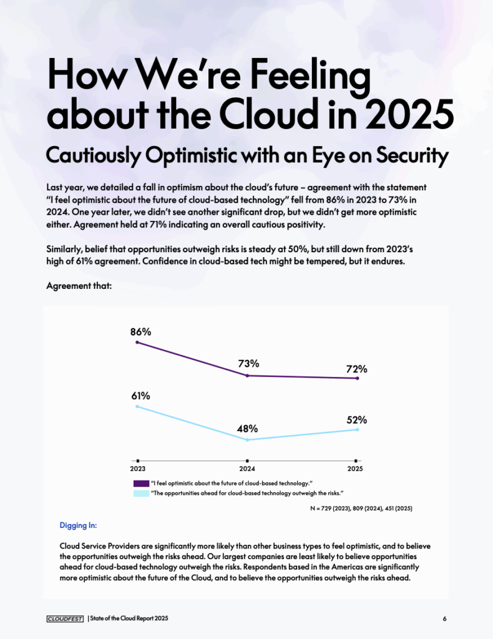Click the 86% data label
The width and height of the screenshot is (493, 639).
click(x=140, y=332)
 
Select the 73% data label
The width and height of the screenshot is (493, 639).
click(x=248, y=364)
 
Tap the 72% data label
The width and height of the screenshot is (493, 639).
click(x=357, y=369)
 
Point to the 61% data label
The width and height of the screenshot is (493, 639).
click(x=140, y=396)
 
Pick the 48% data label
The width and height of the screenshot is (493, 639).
click(x=247, y=429)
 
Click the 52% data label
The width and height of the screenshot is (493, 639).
click(x=357, y=420)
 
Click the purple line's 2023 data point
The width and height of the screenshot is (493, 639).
click(x=137, y=343)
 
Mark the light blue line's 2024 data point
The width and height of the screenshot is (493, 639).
click(x=247, y=440)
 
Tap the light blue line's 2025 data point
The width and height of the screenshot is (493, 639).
click(x=358, y=429)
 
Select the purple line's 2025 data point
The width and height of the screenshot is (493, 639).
click(x=358, y=378)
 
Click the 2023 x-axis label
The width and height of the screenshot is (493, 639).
click(x=138, y=469)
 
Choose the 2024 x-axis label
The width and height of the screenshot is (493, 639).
click(x=247, y=469)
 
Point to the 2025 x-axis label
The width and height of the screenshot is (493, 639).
click(x=355, y=469)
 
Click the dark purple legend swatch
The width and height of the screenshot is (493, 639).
click(x=142, y=484)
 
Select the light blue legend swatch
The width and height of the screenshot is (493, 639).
click(x=142, y=493)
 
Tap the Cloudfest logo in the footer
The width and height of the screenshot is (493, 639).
click(x=65, y=619)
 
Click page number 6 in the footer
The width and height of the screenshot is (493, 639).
click(x=444, y=618)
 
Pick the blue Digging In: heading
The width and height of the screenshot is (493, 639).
click(x=78, y=525)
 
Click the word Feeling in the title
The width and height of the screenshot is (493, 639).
click(x=310, y=75)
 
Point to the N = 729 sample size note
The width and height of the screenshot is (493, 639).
click(x=361, y=509)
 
